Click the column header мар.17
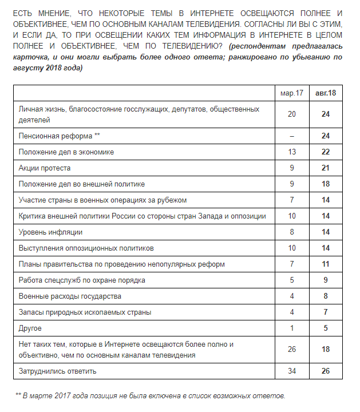[292, 93]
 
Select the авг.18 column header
[325, 93]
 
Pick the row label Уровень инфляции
[50, 232]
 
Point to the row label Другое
[30, 328]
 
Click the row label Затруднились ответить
[58, 371]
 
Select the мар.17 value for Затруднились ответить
[292, 371]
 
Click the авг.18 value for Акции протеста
[326, 168]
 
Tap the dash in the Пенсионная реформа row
[292, 136]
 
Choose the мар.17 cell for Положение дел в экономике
[292, 152]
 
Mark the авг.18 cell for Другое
[326, 328]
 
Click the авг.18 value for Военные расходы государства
[326, 296]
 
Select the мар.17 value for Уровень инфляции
[292, 232]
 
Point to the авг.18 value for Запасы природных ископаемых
[326, 312]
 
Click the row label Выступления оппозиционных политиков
[86, 248]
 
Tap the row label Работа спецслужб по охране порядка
[82, 280]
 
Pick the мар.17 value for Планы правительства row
[292, 264]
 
